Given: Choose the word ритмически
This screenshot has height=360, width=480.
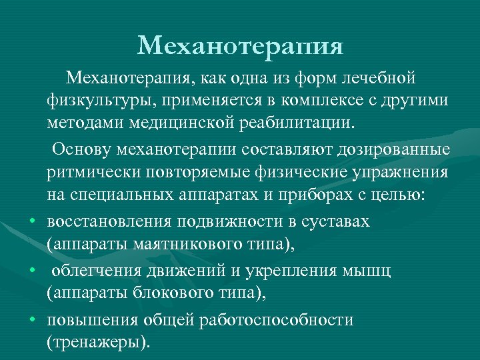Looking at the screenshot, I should [91, 172].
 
